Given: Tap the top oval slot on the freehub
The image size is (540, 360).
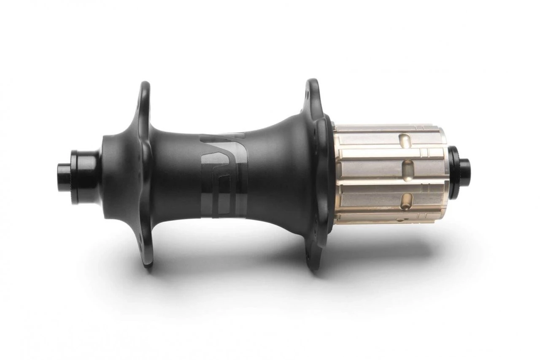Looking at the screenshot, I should [405, 139].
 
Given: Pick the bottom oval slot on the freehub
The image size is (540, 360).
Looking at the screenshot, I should [406, 200].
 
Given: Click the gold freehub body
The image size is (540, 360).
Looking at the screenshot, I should [380, 173].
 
